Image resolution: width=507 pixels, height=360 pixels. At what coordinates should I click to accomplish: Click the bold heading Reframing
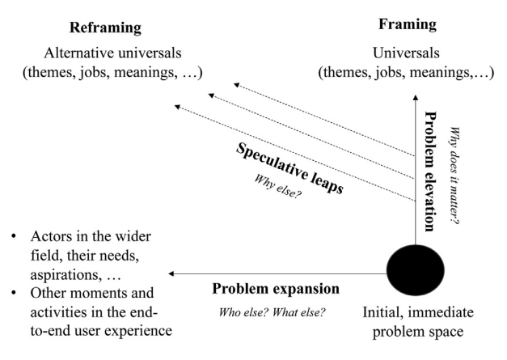pos(105,28)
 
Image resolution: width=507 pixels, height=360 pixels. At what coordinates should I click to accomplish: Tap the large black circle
pos(415,270)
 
